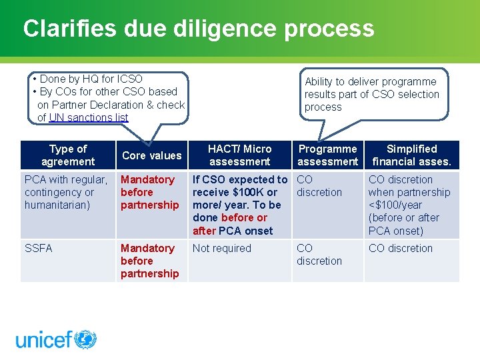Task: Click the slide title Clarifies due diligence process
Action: coord(198,29)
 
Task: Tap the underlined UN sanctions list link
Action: coord(89,117)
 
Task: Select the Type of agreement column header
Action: coord(68,155)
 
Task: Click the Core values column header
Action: coord(152,155)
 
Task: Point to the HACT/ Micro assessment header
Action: coord(239,155)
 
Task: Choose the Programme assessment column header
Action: coord(327,155)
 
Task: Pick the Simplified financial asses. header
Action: coord(411,155)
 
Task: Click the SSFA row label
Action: coord(39,248)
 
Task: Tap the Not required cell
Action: coord(222,248)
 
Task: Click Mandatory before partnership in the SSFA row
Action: coord(149,261)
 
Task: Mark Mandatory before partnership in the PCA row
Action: coord(149,192)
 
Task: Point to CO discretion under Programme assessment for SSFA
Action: coord(319,255)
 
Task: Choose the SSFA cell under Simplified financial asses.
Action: coord(400,248)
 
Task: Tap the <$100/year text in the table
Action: coord(395,205)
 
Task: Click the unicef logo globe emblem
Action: coord(85,339)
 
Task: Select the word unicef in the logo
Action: coord(43,340)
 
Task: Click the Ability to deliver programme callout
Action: coord(372,94)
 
